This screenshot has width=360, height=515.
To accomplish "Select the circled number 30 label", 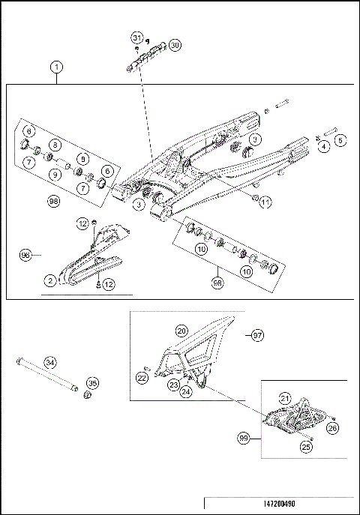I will click(174, 45).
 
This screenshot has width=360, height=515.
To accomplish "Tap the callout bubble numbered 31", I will click(136, 37).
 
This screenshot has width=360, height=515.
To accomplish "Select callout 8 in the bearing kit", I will click(55, 144).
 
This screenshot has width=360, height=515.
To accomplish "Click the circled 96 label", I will click(25, 255).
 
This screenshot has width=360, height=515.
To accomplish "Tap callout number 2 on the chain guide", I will click(49, 280).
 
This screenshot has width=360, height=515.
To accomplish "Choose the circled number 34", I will click(49, 363).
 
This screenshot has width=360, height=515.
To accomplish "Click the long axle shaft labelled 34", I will click(45, 374).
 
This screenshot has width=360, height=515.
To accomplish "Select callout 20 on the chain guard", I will click(181, 331).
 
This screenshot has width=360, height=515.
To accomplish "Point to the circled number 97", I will click(256, 334).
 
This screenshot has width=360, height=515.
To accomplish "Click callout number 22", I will click(142, 379).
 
